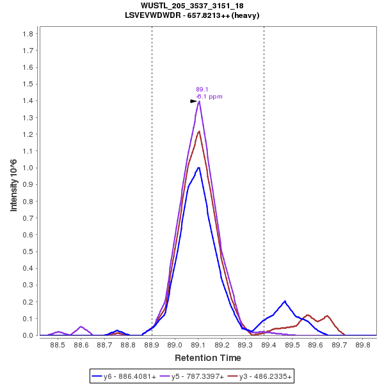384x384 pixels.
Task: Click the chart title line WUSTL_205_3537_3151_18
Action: click(x=191, y=6)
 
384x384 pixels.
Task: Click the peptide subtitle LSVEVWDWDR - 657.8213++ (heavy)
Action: click(x=191, y=15)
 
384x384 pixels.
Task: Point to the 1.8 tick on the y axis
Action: click(x=28, y=33)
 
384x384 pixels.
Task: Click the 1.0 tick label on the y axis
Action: click(x=28, y=168)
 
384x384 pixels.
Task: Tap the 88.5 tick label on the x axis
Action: click(x=58, y=345)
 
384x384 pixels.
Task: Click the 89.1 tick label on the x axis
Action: click(x=198, y=345)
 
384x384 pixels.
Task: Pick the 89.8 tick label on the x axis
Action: click(x=363, y=345)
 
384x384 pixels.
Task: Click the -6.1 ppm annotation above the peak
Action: click(x=209, y=97)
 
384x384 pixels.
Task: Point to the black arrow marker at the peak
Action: click(x=193, y=101)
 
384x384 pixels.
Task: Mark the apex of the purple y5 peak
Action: click(x=200, y=101)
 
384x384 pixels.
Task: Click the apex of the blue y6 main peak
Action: click(x=199, y=168)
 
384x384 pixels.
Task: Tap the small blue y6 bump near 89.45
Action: click(x=285, y=301)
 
